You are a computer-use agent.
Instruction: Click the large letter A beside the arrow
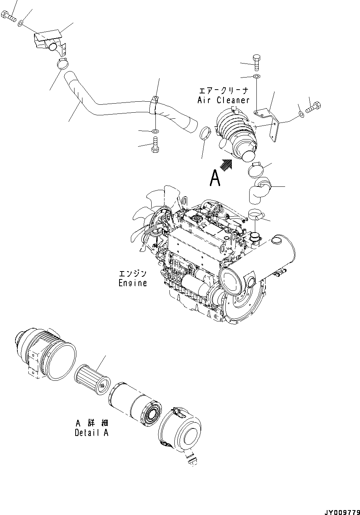click(x=215, y=178)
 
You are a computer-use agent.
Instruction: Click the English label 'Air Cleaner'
click(x=223, y=100)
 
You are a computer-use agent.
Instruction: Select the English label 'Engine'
click(x=132, y=283)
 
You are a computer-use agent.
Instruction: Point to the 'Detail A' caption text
click(x=92, y=433)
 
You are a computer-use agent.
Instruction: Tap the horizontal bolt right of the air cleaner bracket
click(x=313, y=109)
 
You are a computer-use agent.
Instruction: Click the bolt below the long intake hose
click(x=155, y=145)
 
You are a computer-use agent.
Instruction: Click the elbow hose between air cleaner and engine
click(x=260, y=191)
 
